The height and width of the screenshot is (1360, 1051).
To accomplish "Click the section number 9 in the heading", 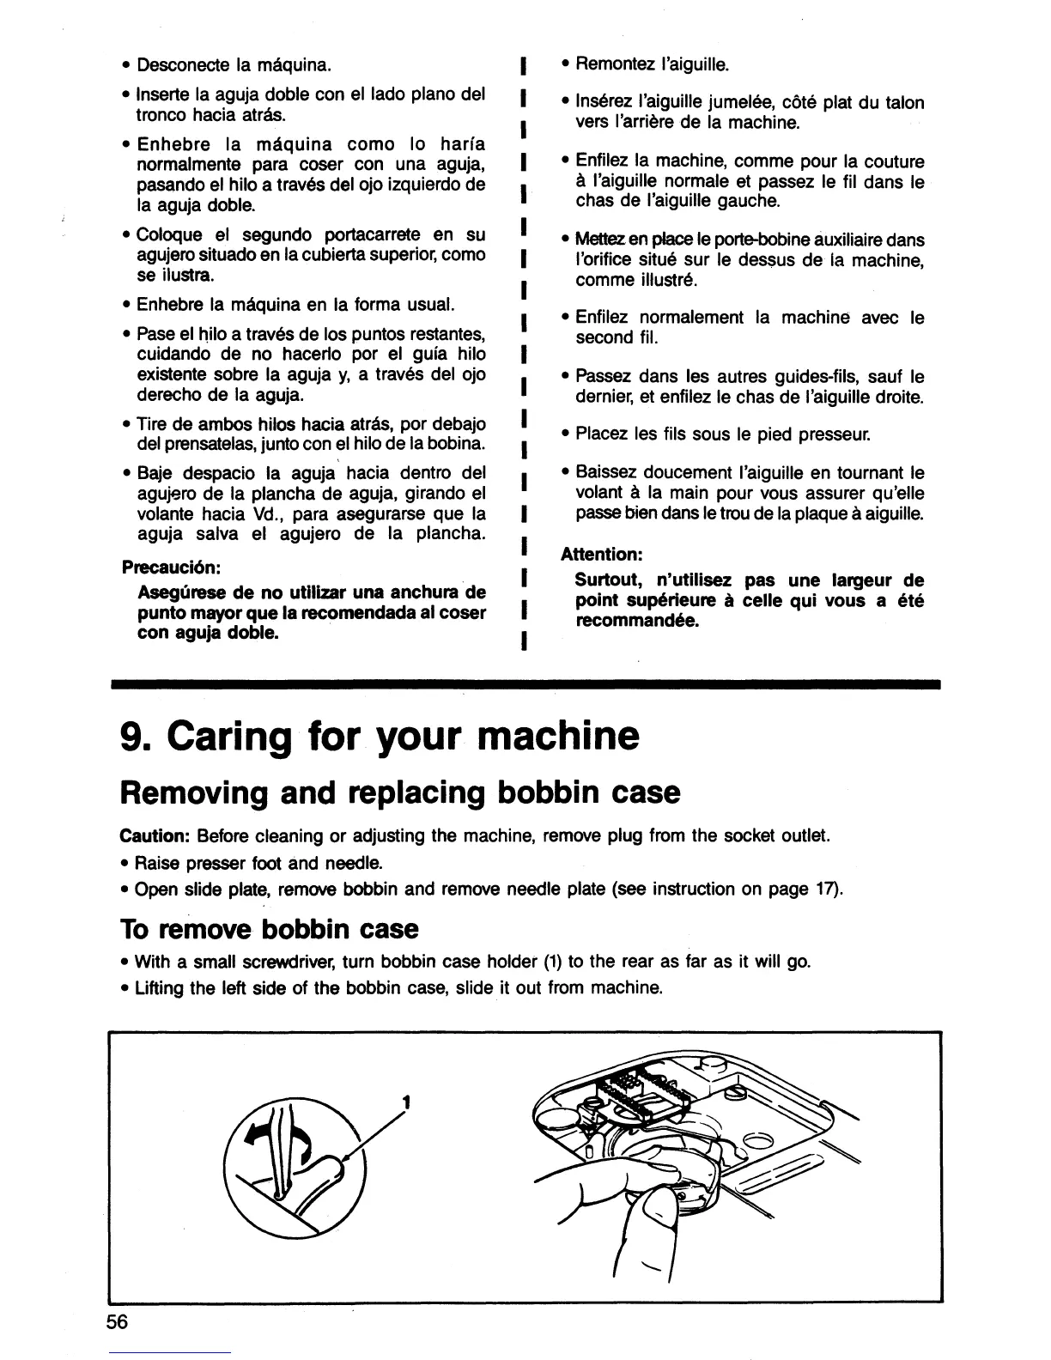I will coord(131,736).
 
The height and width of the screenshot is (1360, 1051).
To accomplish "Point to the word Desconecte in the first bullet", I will coord(179,65).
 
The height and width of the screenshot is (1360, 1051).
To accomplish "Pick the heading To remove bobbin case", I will coord(268,929).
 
